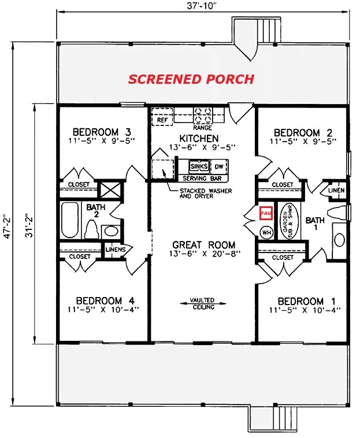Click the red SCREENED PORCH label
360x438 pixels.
pyautogui.click(x=191, y=79)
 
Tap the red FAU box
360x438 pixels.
pyautogui.click(x=266, y=213)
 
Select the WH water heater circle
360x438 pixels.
pyautogui.click(x=267, y=232)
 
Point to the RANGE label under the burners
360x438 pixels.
pyautogui.click(x=202, y=128)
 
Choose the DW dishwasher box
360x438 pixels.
pyautogui.click(x=219, y=167)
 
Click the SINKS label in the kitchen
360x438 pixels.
pyautogui.click(x=199, y=166)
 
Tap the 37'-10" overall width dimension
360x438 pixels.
pyautogui.click(x=202, y=6)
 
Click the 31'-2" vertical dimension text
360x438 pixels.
pyautogui.click(x=28, y=226)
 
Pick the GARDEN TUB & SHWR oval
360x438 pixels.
pyautogui.click(x=290, y=221)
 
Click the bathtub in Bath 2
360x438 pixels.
pyautogui.click(x=69, y=220)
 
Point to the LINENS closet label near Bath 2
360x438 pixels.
pyautogui.click(x=116, y=249)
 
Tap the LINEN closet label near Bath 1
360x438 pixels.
pyautogui.click(x=336, y=190)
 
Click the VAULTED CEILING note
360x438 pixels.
pyautogui.click(x=202, y=303)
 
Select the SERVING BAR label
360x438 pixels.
pyautogui.click(x=202, y=178)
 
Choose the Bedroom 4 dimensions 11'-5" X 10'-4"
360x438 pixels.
pyautogui.click(x=103, y=310)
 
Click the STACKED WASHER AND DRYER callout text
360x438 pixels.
pyautogui.click(x=206, y=194)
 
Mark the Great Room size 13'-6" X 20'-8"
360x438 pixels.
pyautogui.click(x=205, y=253)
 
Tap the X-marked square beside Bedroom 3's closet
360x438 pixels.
pyautogui.click(x=111, y=190)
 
